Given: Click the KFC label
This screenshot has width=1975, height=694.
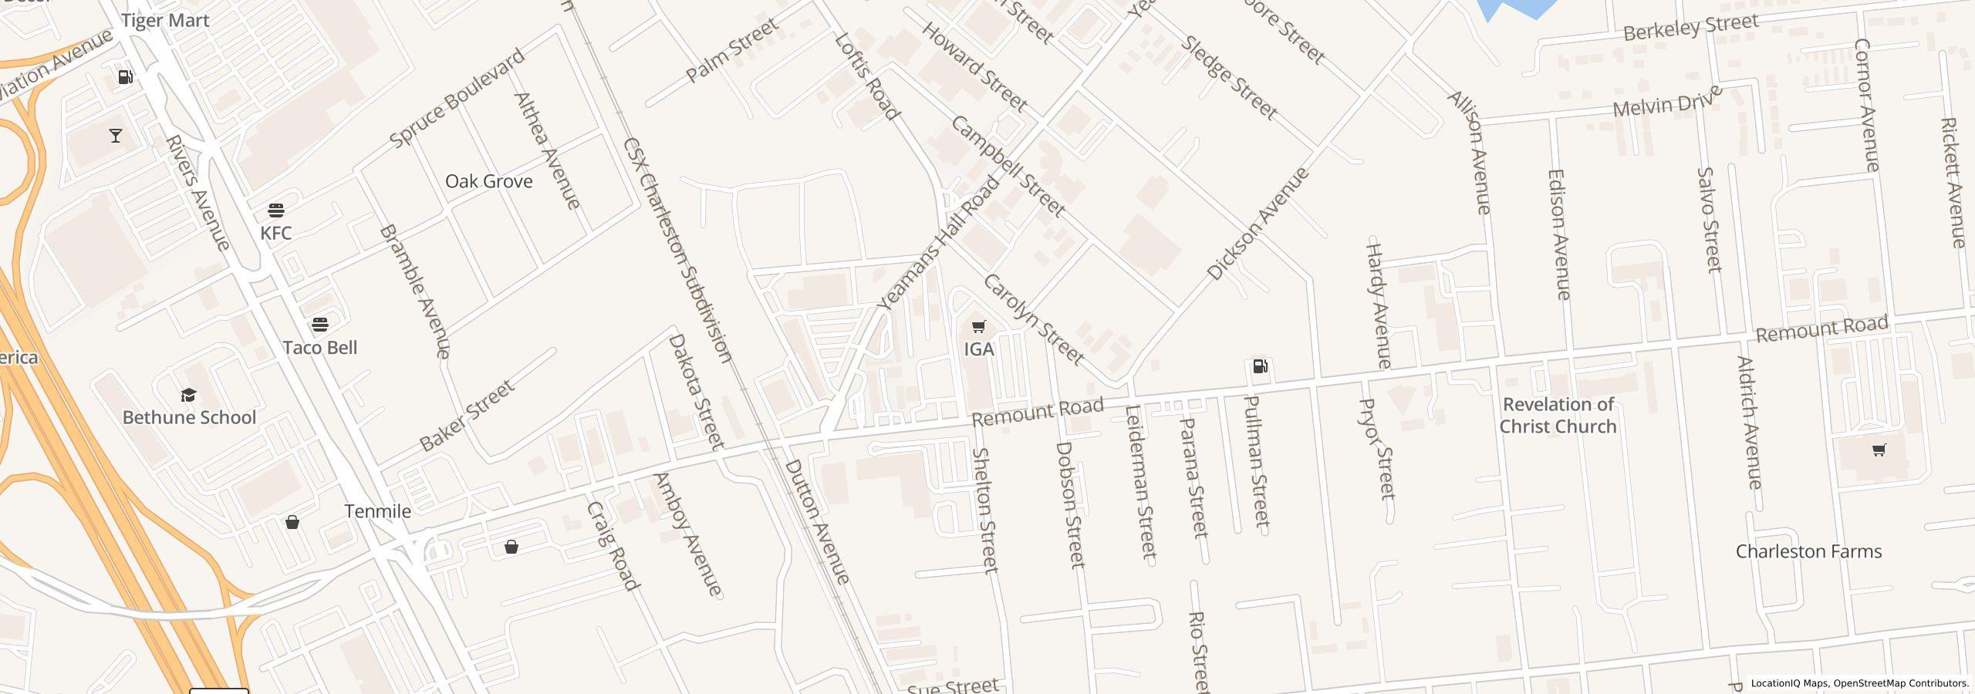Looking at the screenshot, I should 275,233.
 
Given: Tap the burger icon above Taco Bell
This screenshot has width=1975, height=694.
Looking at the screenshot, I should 320,324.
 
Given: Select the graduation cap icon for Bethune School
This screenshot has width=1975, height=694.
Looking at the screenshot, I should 188,396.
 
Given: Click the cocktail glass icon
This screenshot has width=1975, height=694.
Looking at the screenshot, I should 116,136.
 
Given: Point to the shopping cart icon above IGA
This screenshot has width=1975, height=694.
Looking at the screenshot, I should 978,327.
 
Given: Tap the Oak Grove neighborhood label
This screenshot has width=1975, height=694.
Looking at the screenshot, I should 488,181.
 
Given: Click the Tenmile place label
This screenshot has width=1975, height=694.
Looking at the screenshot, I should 377,511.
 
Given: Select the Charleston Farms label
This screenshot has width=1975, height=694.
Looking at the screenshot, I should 1808,551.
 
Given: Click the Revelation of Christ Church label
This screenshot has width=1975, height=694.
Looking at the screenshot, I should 1558,416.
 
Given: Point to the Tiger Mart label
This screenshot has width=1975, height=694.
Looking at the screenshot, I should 165,21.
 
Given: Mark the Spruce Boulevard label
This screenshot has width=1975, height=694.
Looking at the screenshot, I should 457,98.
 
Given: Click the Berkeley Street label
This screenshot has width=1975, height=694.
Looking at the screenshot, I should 1690,28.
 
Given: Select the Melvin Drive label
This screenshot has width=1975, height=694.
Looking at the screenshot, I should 1668,102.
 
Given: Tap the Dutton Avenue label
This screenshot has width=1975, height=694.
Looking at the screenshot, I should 817,522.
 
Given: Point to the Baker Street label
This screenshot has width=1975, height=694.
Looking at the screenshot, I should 467,416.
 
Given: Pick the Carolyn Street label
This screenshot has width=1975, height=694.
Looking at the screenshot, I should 1033,318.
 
